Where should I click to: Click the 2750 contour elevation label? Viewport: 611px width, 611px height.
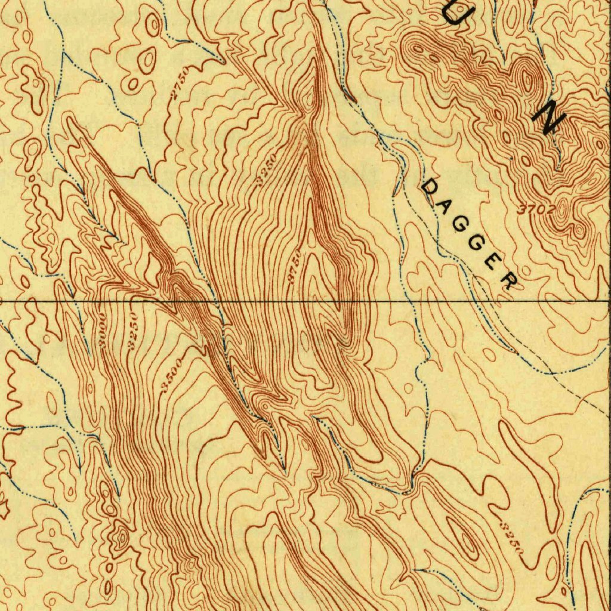pos(178,83)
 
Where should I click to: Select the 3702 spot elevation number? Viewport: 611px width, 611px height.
pos(536,209)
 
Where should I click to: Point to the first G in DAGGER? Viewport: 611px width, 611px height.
pos(460,225)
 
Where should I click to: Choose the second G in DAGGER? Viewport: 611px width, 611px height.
pos(477,243)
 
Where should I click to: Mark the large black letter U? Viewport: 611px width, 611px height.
pos(456,13)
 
